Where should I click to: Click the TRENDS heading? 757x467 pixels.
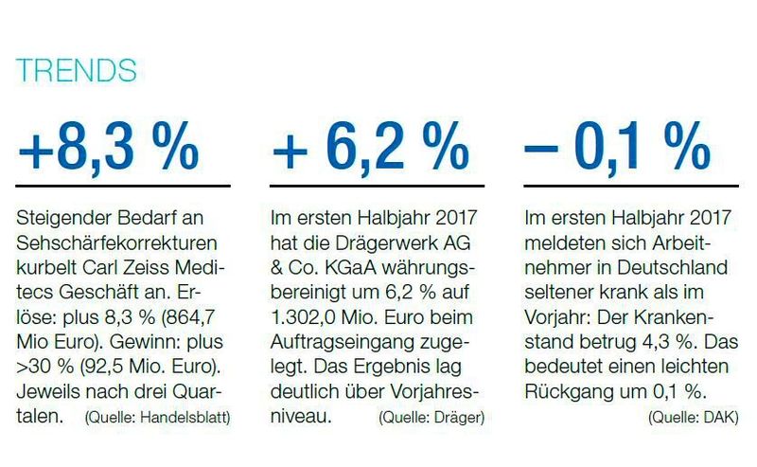[x=76, y=71]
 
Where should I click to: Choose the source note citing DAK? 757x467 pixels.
[x=693, y=416]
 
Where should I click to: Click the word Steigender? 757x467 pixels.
[x=58, y=218]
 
